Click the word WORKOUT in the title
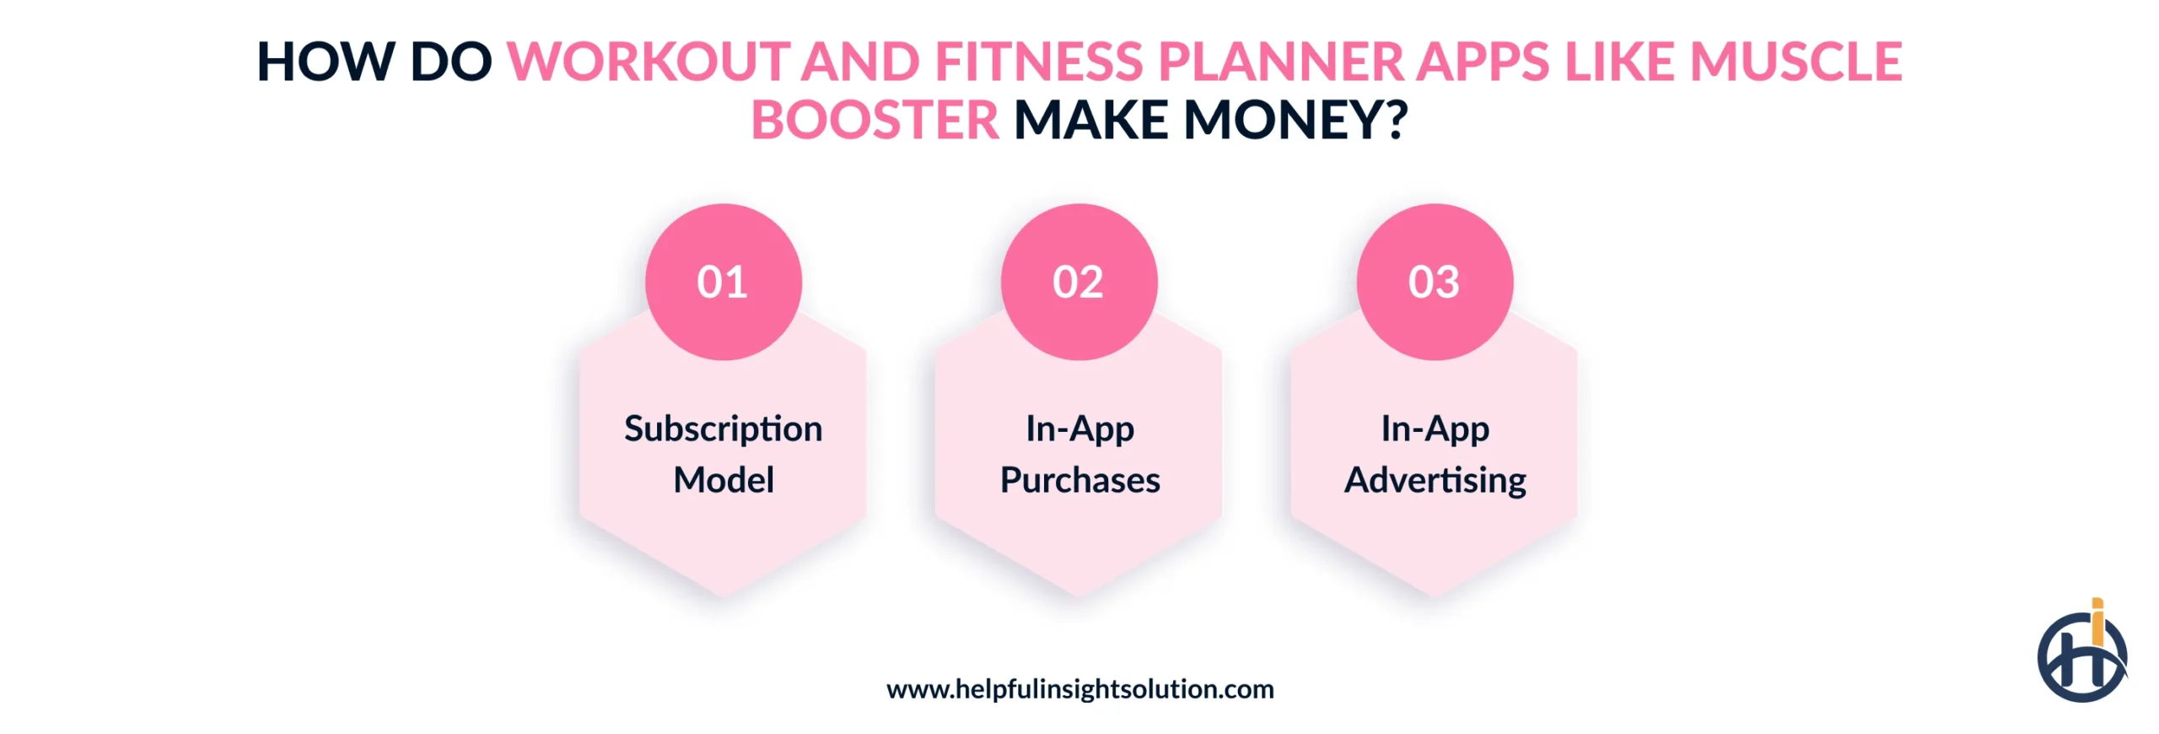(x=648, y=62)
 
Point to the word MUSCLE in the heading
(x=1796, y=62)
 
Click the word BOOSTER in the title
(x=875, y=121)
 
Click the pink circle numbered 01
(x=723, y=282)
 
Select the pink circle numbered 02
(x=1079, y=282)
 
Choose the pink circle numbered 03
(x=1435, y=282)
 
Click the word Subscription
(x=723, y=429)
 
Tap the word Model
(x=723, y=480)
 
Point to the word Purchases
(x=1079, y=480)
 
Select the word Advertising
(x=1435, y=480)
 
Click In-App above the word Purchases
(x=1079, y=429)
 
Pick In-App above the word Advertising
(x=1435, y=429)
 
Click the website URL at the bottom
(x=1079, y=689)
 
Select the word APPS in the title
(x=1482, y=62)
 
